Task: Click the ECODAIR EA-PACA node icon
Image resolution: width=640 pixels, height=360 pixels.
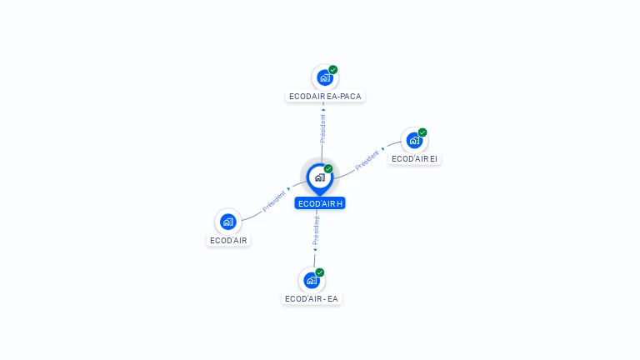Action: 324,78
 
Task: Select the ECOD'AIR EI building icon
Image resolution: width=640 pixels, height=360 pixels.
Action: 414,140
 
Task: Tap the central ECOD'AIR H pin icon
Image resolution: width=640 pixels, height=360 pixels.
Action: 319,177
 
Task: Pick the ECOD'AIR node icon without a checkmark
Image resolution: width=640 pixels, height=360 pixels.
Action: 228,222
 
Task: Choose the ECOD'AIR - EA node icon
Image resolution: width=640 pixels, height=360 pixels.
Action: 312,280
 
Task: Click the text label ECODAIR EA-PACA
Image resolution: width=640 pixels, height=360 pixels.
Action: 325,96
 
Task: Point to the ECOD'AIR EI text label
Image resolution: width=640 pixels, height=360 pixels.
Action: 414,158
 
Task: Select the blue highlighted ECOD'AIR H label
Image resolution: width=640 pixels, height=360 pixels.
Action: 320,203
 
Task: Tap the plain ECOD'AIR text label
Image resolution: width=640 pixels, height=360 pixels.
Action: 228,240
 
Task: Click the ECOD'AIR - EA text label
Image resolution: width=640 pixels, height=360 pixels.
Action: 312,298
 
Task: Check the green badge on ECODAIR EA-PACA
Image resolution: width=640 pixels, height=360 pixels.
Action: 333,70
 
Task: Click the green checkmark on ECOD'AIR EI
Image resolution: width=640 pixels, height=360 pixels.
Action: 422,132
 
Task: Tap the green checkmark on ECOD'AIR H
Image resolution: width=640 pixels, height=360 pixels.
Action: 328,169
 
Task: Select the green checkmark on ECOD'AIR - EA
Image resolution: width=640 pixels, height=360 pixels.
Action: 320,272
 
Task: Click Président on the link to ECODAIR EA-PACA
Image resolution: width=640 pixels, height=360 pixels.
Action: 322,127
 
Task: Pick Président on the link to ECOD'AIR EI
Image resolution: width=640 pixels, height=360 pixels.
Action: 367,160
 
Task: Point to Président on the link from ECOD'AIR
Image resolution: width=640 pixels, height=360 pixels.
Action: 274,200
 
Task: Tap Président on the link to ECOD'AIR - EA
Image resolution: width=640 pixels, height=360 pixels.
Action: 316,230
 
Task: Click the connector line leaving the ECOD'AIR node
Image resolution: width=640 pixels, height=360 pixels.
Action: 250,216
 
